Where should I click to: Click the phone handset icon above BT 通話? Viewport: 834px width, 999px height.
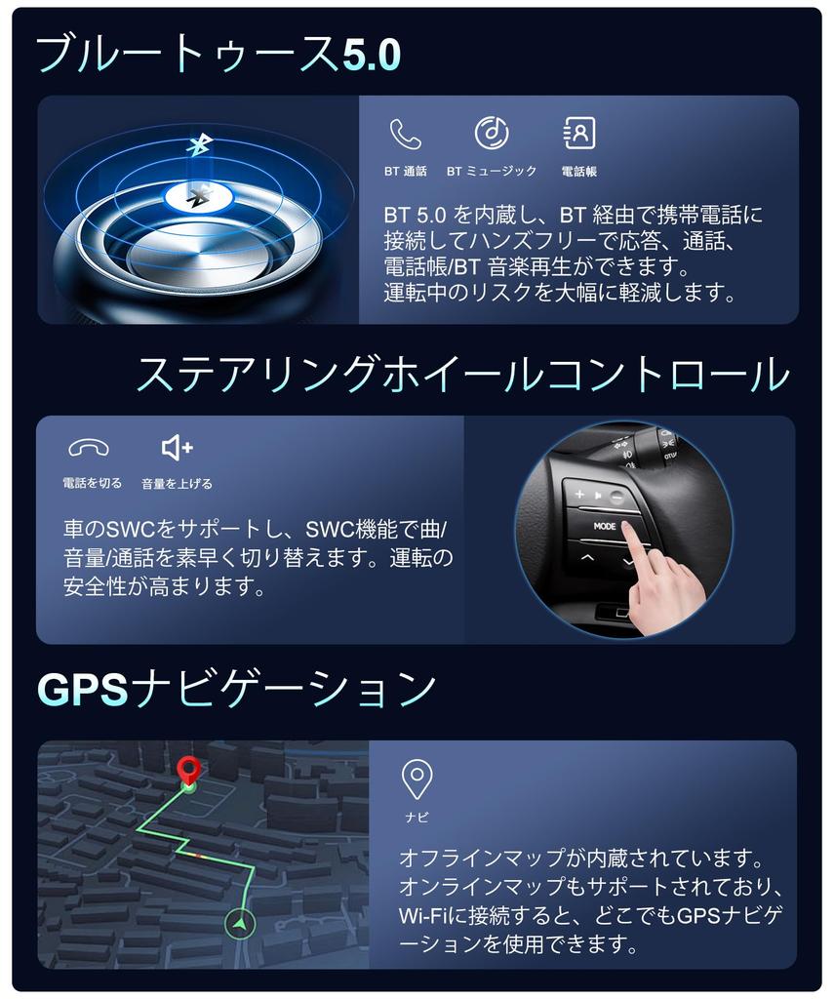[x=405, y=134]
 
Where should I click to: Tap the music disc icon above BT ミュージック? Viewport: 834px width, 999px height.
[x=492, y=133]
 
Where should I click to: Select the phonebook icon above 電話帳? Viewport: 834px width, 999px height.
[x=579, y=133]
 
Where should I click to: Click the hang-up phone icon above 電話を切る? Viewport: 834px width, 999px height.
[x=89, y=449]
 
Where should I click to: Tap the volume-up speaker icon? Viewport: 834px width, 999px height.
[x=178, y=448]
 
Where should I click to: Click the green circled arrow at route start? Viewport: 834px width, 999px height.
[x=240, y=922]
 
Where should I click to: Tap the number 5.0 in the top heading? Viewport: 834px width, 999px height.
[x=372, y=55]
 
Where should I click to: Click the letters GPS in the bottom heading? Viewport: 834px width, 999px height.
[x=82, y=689]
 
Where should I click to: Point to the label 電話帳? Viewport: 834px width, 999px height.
[x=579, y=172]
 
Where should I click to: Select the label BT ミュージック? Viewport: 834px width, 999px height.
[x=492, y=172]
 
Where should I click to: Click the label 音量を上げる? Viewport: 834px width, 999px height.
[x=178, y=484]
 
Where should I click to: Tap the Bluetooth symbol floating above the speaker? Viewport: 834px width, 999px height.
[x=199, y=145]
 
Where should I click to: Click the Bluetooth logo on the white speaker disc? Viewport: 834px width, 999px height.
[x=197, y=198]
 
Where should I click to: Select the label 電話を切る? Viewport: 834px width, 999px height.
[x=93, y=484]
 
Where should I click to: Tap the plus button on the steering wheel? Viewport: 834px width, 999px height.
[x=579, y=494]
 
